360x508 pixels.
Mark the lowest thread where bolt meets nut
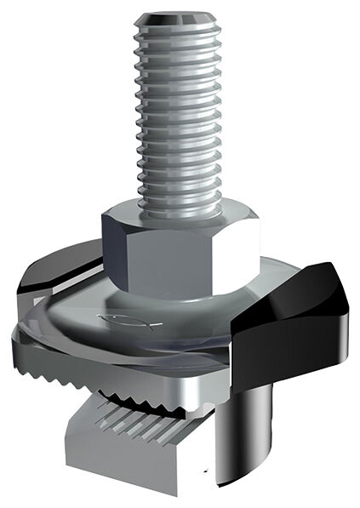(x=179, y=197)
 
